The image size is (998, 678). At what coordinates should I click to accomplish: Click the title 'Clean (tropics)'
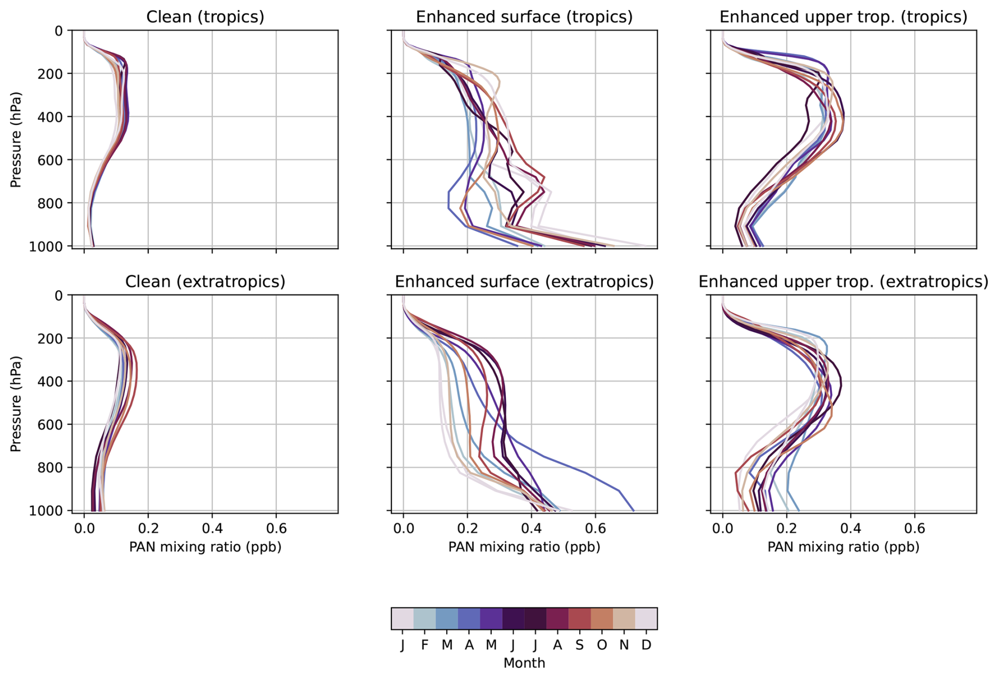205,17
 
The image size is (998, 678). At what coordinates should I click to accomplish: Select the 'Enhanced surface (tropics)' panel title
524,17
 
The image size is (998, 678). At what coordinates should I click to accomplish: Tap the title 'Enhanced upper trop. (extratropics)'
843,282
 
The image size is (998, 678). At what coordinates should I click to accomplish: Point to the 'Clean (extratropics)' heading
205,282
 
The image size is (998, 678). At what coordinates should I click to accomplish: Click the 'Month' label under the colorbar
524,663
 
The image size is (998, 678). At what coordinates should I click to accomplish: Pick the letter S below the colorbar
579,645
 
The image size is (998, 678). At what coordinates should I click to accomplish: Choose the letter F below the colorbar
425,645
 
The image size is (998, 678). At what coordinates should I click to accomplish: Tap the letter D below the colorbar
646,645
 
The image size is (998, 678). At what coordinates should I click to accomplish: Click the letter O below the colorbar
602,645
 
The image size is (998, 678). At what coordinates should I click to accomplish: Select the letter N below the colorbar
624,645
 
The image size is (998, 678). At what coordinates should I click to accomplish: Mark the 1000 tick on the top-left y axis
45,246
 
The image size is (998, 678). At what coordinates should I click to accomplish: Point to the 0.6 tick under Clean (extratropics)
276,528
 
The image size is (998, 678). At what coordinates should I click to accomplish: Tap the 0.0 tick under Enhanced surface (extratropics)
403,528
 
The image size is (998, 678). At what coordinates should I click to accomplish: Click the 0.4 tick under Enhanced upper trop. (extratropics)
850,528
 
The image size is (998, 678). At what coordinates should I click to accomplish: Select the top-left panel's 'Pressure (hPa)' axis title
16,140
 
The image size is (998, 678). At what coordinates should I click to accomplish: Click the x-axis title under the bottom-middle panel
524,547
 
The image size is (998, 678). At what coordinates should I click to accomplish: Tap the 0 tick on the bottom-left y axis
59,295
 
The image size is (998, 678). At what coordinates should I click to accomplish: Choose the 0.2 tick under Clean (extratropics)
148,528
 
